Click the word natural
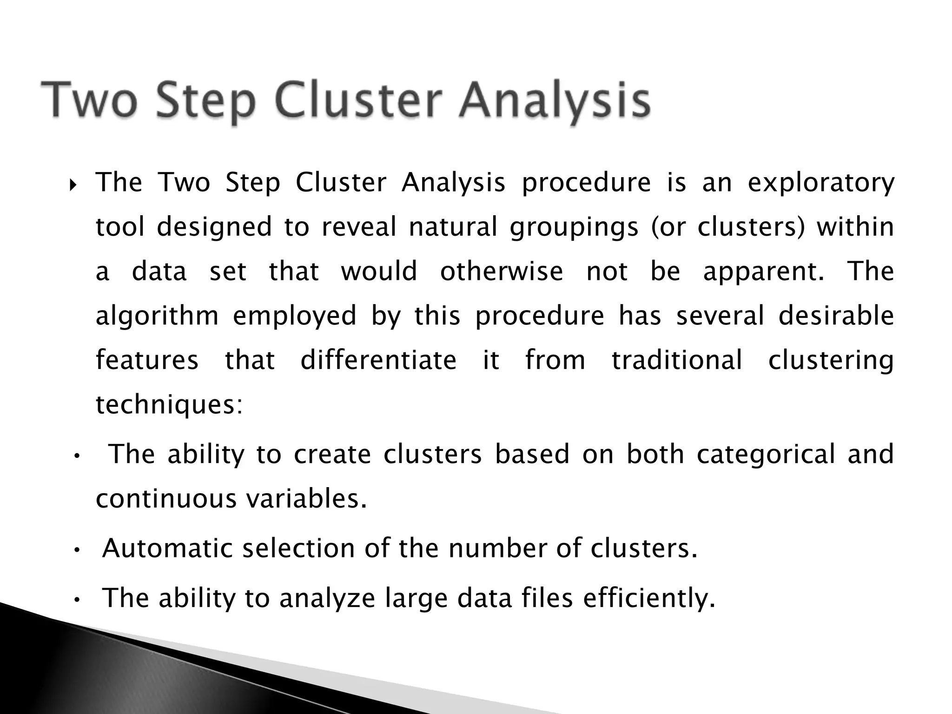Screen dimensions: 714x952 click(x=453, y=227)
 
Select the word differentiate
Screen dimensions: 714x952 click(x=378, y=360)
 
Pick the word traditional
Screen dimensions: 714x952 click(x=677, y=360)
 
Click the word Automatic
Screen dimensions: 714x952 click(x=167, y=549)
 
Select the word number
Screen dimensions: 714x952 click(x=496, y=549)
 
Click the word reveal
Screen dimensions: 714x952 click(x=358, y=227)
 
